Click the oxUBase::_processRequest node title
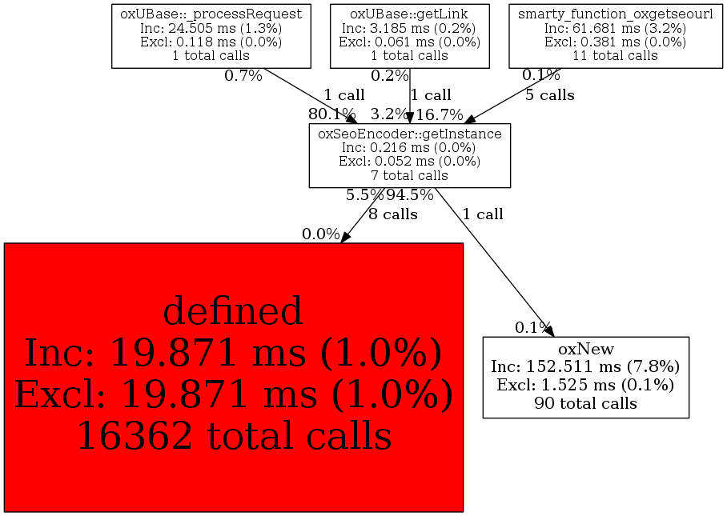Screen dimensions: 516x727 [x=211, y=14]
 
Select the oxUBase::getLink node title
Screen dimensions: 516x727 [x=409, y=14]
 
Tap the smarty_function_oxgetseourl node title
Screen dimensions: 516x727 [x=615, y=14]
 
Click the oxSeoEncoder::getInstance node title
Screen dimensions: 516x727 [x=409, y=134]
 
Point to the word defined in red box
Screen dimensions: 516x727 [x=233, y=310]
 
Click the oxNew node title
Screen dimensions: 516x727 [x=585, y=350]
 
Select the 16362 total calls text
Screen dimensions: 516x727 [x=233, y=436]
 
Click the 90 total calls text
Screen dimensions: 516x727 [x=585, y=403]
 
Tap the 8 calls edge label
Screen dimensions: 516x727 [x=393, y=214]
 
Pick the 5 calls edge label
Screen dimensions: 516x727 [x=549, y=95]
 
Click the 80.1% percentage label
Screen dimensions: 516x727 [x=331, y=114]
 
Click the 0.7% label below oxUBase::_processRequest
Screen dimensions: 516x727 [x=243, y=76]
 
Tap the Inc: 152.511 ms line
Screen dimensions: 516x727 [x=585, y=367]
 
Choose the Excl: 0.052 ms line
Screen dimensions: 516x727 [x=409, y=162]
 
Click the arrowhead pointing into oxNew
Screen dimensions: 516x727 [x=548, y=330]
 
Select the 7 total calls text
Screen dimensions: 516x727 [x=409, y=175]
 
